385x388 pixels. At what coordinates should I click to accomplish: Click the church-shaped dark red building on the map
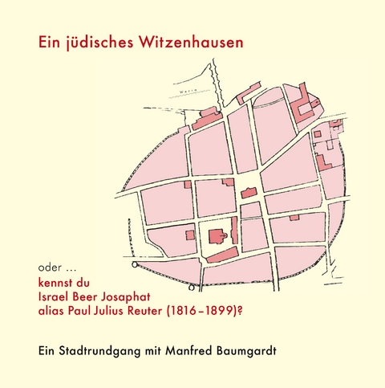point(217,237)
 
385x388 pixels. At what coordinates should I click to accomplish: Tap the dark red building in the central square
point(249,194)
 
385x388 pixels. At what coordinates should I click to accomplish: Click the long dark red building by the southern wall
point(222,255)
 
